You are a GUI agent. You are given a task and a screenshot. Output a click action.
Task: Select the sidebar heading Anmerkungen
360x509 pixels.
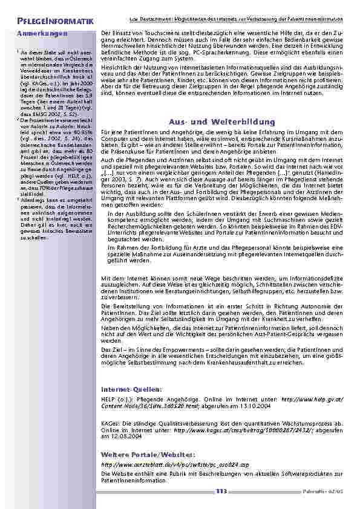[x=42, y=34]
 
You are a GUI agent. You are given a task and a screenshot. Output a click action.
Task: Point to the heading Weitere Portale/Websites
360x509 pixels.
[x=140, y=453]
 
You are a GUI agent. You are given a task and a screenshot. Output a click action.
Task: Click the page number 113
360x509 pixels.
[x=221, y=491]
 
